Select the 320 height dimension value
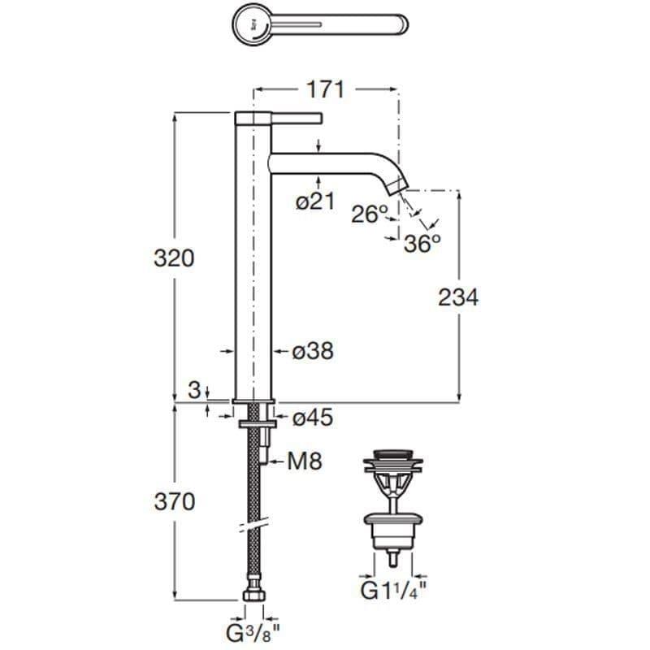[x=174, y=258]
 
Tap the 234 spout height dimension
[x=458, y=297]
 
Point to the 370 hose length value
[x=174, y=502]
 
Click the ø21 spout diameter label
[x=314, y=202]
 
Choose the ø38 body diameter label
[x=313, y=351]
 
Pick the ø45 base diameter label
[x=313, y=418]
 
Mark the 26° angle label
[x=370, y=214]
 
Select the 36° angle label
[x=422, y=242]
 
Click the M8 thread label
[x=305, y=461]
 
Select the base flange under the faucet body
[x=254, y=401]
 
